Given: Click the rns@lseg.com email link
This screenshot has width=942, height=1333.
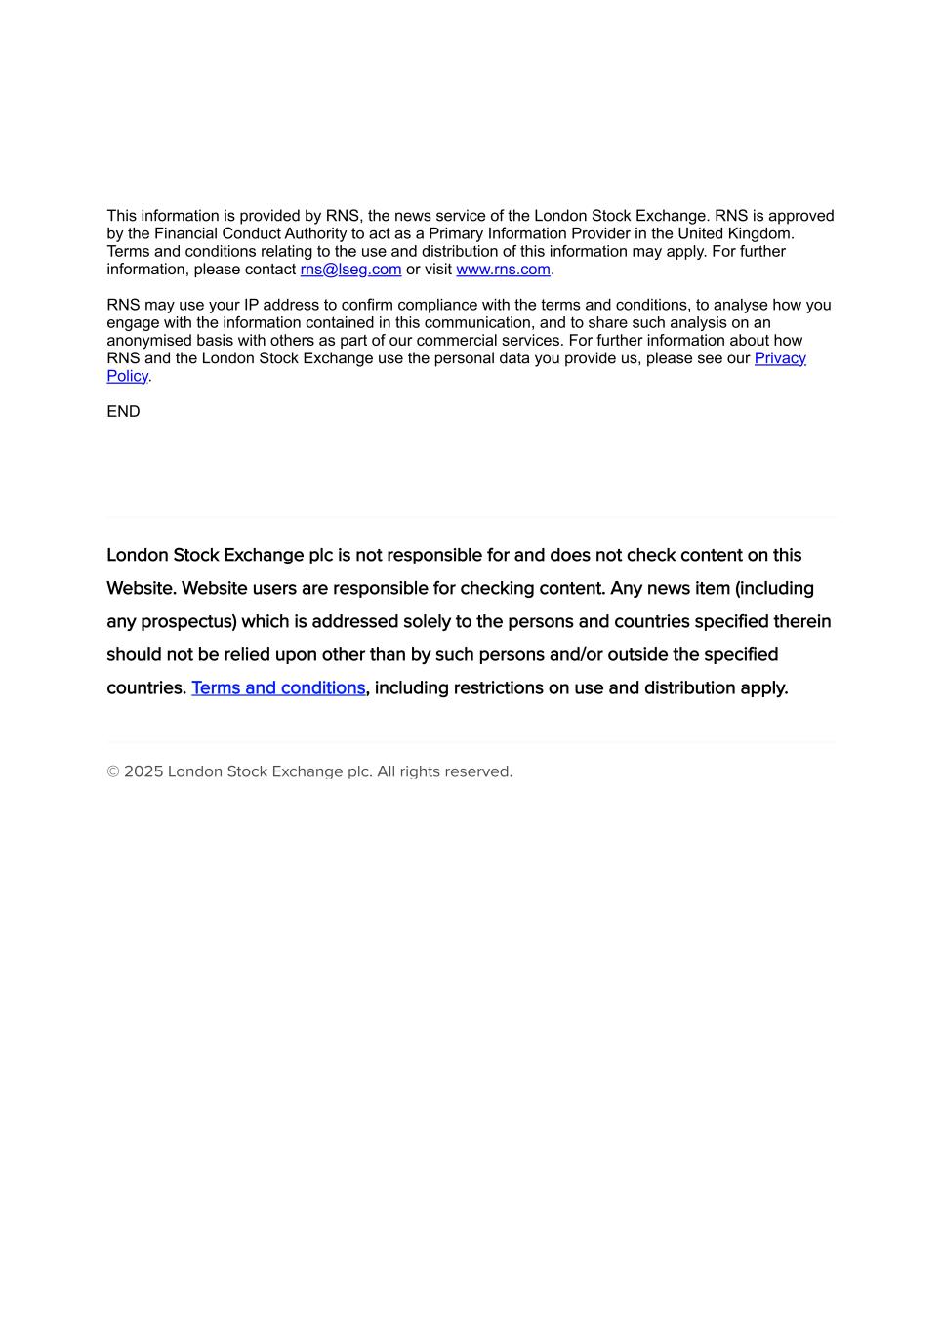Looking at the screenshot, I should [x=350, y=270].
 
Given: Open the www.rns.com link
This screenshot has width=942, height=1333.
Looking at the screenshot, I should [x=503, y=270].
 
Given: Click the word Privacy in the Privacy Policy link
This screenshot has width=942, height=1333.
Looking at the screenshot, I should [x=780, y=358].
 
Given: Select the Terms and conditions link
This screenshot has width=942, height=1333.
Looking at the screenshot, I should [x=278, y=687].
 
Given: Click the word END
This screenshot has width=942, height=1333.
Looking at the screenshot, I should [x=123, y=412].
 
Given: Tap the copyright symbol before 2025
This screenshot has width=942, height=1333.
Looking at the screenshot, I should [x=113, y=771].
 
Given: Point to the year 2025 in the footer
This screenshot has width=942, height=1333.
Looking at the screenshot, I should [x=143, y=771].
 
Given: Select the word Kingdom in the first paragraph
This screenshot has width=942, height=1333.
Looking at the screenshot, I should [x=760, y=234].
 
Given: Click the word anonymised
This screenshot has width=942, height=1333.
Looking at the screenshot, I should [x=148, y=341].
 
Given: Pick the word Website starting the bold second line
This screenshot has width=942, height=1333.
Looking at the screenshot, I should [x=142, y=588].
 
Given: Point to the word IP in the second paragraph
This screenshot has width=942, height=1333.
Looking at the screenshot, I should [x=252, y=306].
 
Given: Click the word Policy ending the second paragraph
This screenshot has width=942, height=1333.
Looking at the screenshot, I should [x=127, y=377].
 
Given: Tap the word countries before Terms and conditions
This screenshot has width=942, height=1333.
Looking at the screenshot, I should [x=145, y=687].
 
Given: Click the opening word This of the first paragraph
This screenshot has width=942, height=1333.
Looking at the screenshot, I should [x=122, y=216].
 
